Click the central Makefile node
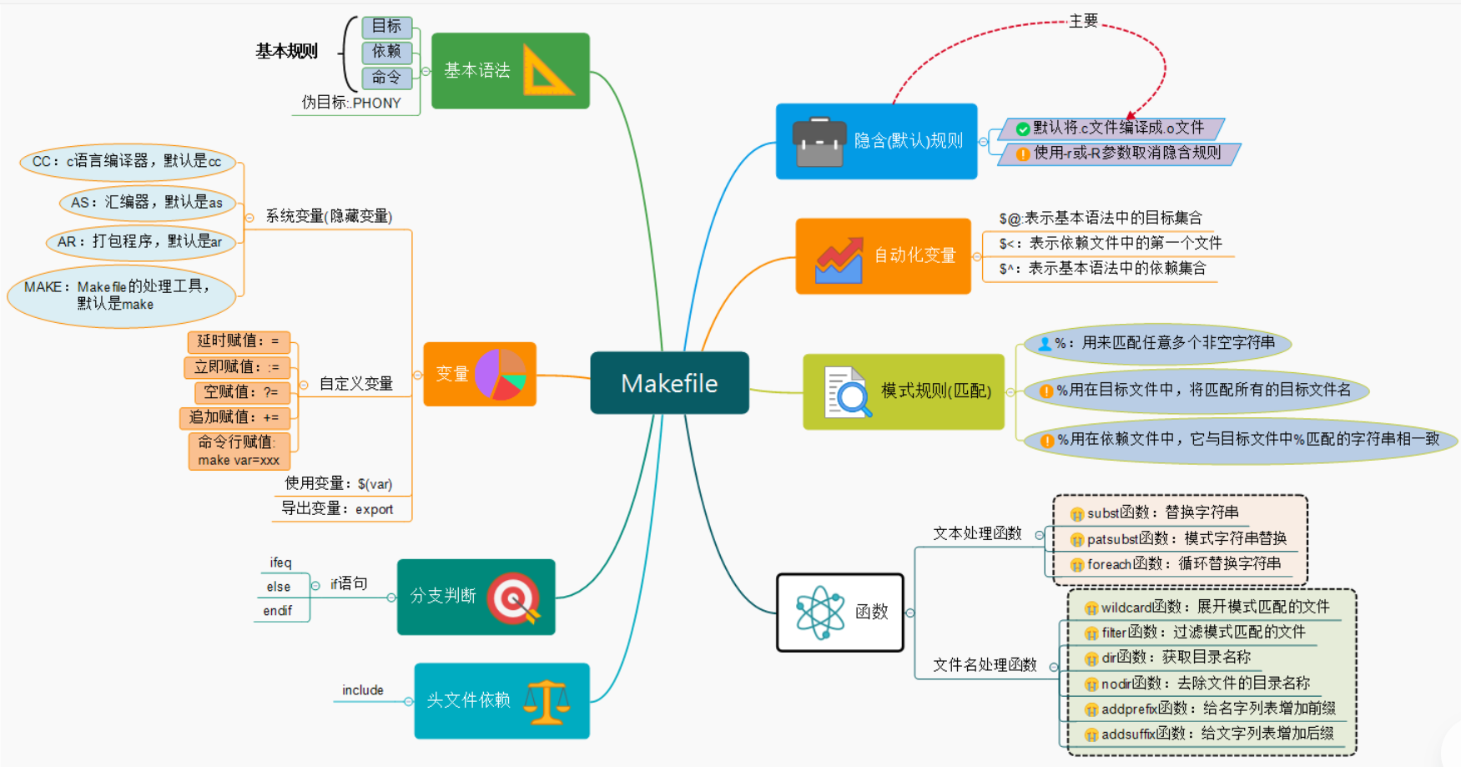pos(669,383)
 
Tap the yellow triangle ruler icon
pos(547,71)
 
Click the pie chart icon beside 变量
pos(500,375)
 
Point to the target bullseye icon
pos(513,598)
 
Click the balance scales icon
pos(547,701)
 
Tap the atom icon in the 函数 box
pos(819,613)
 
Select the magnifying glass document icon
pos(847,391)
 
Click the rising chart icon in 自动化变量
pos(839,260)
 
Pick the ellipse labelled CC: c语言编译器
pos(127,162)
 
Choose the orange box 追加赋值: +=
pos(234,417)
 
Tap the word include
pos(362,690)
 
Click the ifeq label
pos(280,563)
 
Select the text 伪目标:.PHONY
pos(351,103)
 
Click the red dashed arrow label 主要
pos(1083,21)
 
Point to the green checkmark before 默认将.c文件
pos(1022,129)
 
